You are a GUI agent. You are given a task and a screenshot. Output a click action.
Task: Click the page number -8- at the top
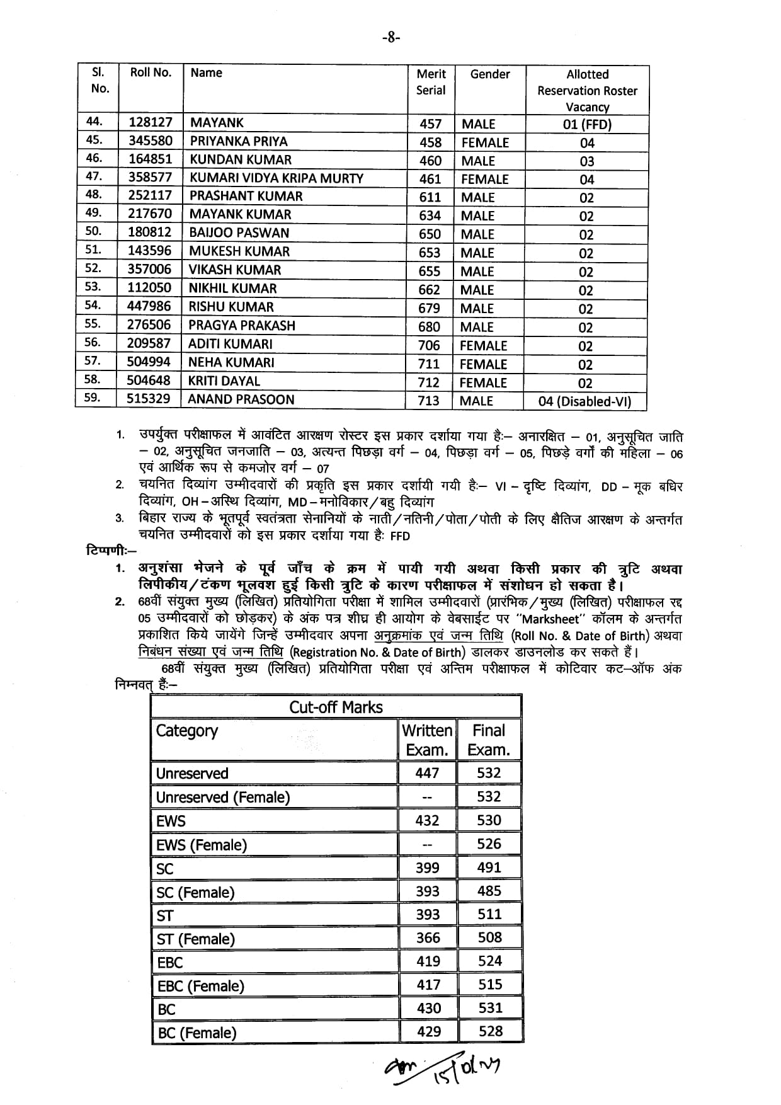(390, 37)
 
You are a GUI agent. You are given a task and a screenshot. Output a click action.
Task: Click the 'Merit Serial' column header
(431, 82)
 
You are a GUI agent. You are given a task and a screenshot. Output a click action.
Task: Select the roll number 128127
(151, 123)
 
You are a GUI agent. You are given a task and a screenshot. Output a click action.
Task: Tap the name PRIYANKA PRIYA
(239, 141)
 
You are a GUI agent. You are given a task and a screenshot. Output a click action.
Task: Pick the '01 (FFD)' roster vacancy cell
(587, 124)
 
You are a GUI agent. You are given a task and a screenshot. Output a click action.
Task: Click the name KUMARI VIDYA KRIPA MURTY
(276, 178)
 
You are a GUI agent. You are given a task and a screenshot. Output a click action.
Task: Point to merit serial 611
(430, 197)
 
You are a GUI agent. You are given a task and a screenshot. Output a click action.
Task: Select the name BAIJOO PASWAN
(239, 232)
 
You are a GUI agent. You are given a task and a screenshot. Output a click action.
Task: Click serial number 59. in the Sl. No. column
(93, 398)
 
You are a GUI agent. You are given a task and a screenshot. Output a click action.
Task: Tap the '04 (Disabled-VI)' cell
(584, 401)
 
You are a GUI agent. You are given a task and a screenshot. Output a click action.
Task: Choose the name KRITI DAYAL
(224, 381)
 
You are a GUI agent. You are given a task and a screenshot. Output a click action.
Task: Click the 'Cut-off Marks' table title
(336, 707)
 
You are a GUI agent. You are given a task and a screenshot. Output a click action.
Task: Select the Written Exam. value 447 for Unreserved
(427, 773)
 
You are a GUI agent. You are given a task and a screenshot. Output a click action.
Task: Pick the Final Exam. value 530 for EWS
(489, 820)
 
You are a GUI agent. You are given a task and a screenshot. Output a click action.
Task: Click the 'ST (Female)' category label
(195, 939)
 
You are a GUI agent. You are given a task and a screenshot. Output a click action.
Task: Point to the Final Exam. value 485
(489, 891)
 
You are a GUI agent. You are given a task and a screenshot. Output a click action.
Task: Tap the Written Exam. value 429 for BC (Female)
(429, 1031)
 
